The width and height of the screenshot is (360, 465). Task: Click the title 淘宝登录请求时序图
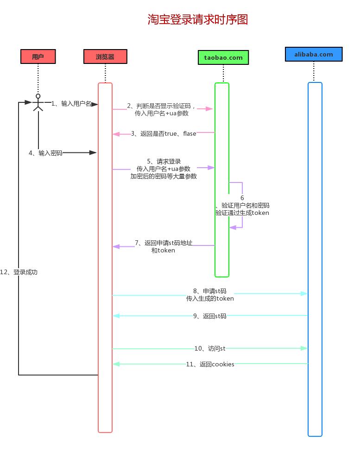tap(198, 19)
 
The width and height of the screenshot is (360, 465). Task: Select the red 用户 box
tap(38, 57)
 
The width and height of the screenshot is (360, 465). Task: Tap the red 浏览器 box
tap(105, 57)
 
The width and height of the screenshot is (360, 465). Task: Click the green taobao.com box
tap(223, 57)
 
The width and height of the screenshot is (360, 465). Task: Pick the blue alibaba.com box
tap(314, 54)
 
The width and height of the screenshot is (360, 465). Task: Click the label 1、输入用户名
tap(71, 103)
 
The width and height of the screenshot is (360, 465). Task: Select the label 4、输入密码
tap(45, 153)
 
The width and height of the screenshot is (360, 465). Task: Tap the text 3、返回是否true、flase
tap(164, 134)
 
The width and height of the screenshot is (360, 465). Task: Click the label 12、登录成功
tap(19, 272)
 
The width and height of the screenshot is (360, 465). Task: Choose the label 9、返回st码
tap(210, 316)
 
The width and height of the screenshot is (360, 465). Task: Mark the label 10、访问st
tap(210, 348)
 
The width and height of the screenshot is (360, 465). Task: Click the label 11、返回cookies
tap(210, 364)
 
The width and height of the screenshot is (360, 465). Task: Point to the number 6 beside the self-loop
tap(242, 198)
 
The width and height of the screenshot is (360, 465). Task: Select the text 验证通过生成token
tap(242, 213)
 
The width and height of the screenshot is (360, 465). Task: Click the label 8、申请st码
tap(210, 291)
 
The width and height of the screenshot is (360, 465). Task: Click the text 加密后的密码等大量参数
tap(164, 176)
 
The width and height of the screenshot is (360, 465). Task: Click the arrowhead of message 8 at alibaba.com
tap(304, 294)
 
